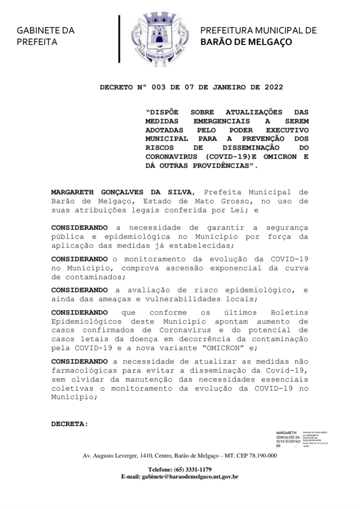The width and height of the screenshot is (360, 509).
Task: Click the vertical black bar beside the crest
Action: pyautogui.click(x=119, y=39)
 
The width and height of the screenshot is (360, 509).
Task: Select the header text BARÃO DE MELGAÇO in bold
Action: pyautogui.click(x=246, y=42)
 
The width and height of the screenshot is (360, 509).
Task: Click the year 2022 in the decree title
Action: pyautogui.click(x=272, y=87)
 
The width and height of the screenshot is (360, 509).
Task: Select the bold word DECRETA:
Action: pyautogui.click(x=69, y=424)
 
